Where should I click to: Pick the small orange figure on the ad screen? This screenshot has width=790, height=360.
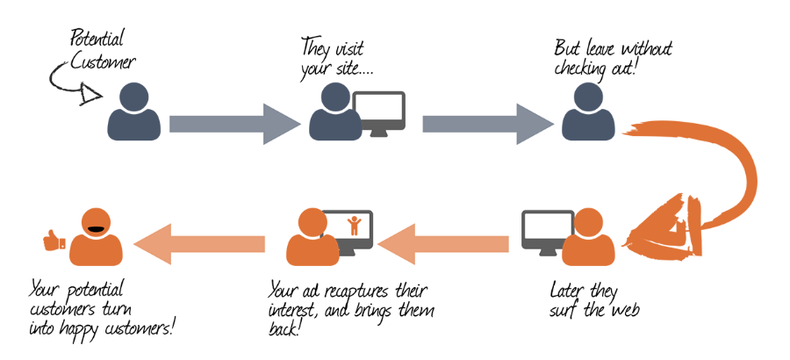(354, 225)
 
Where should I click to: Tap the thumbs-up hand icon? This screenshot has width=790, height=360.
(55, 240)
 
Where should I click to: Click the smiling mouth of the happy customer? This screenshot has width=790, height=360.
(97, 231)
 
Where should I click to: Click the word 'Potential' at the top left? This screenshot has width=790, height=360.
(97, 38)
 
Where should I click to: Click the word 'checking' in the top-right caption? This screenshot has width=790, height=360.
(583, 69)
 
